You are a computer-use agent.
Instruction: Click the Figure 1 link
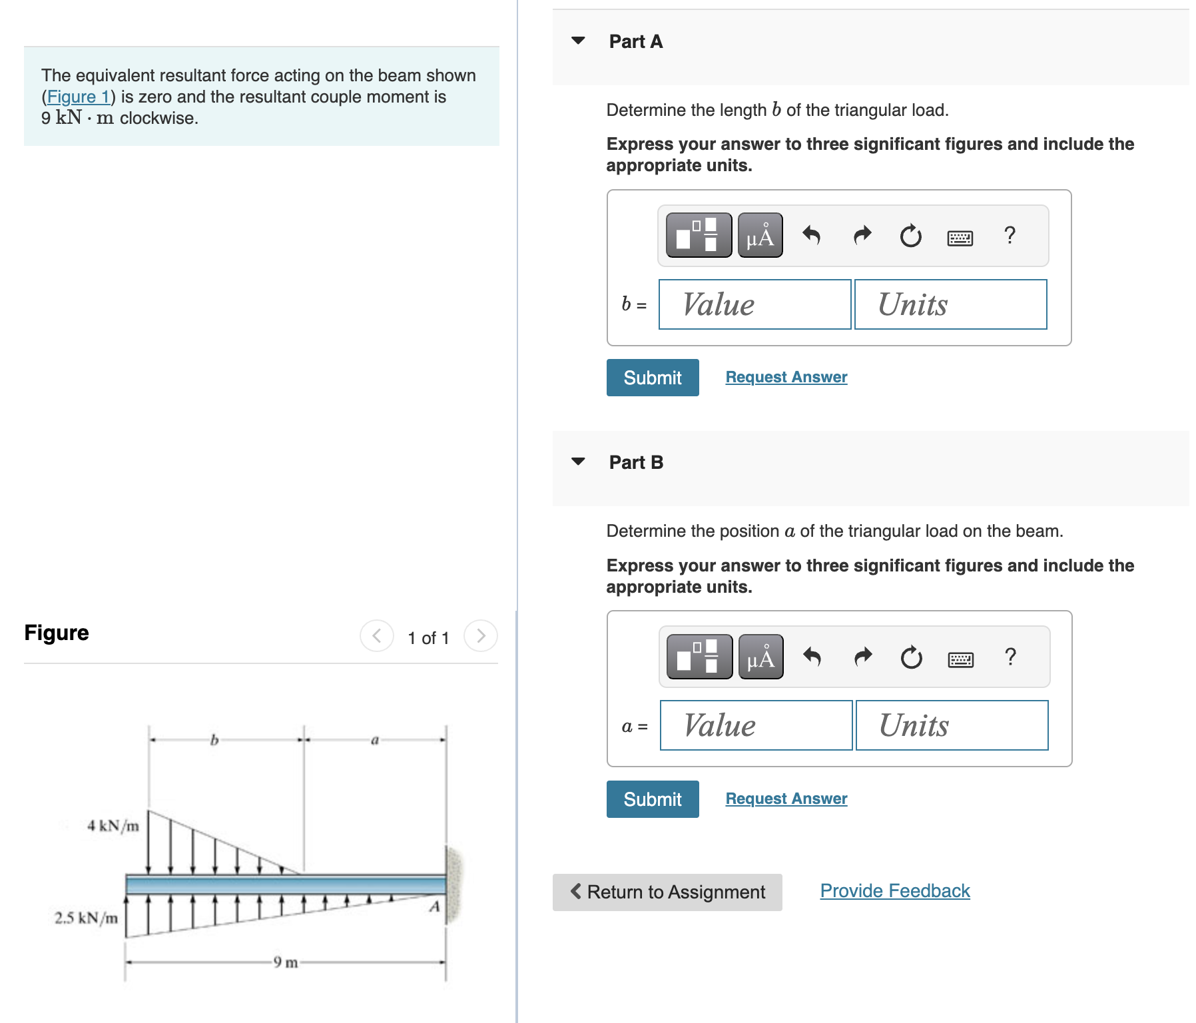coord(78,97)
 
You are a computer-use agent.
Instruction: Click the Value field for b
coord(754,304)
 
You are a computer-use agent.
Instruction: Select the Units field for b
coord(950,304)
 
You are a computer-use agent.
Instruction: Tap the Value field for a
coord(756,725)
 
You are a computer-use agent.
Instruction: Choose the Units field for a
coord(952,725)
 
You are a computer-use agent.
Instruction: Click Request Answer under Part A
coord(786,377)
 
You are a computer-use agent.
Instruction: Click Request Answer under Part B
coord(786,799)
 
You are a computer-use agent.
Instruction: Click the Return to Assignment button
coord(667,892)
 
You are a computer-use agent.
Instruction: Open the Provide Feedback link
coord(894,891)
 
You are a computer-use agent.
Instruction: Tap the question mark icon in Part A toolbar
coord(1010,235)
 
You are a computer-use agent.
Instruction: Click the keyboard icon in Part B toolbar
coord(960,659)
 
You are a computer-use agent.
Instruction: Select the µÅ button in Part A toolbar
coord(760,236)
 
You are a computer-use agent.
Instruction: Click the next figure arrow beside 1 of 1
coord(481,636)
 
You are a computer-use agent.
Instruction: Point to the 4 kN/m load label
coord(113,826)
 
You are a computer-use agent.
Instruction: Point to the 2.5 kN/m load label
coord(86,918)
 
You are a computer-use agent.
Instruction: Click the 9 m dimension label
coord(286,962)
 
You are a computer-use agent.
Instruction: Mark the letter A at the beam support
coord(434,906)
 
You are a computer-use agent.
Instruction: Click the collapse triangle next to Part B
coord(578,462)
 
